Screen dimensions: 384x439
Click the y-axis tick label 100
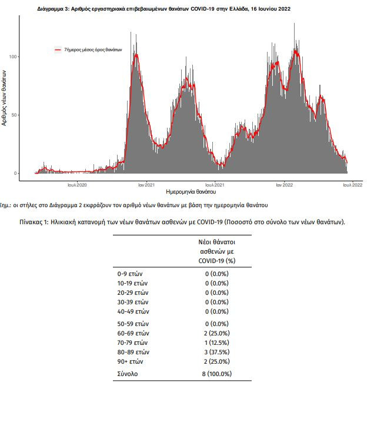(x=13, y=57)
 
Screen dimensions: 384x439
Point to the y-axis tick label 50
(x=14, y=115)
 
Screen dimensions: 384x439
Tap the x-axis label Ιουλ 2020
(x=77, y=185)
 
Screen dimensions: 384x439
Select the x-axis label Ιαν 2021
(x=146, y=185)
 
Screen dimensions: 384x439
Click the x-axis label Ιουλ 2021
(x=215, y=185)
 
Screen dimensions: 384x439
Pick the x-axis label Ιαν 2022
(x=285, y=185)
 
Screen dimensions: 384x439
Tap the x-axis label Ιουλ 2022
(x=353, y=185)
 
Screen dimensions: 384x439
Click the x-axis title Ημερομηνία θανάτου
(x=191, y=192)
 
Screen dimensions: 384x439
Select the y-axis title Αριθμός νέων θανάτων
(x=4, y=98)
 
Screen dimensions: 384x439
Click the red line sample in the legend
(x=58, y=50)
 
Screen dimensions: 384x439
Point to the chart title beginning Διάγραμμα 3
(x=164, y=9)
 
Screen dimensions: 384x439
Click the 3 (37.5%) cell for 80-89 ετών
(x=217, y=352)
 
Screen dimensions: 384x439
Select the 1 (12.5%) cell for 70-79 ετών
(x=217, y=342)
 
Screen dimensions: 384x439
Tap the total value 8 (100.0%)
(x=217, y=374)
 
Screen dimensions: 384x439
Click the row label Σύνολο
(x=128, y=374)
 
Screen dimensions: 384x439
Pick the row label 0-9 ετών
(x=130, y=274)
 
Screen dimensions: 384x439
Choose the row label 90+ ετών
(x=130, y=362)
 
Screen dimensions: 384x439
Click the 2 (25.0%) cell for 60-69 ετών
(x=217, y=334)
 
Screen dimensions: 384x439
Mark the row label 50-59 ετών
(x=133, y=324)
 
